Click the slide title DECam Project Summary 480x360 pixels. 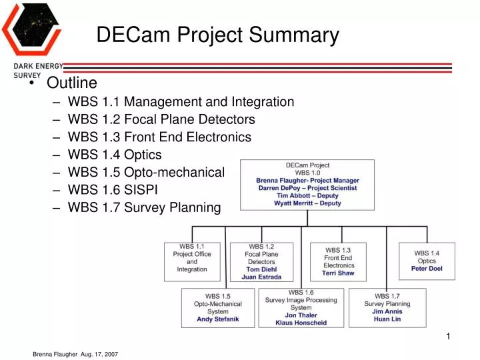pyautogui.click(x=217, y=35)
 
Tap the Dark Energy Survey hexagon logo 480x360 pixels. pyautogui.click(x=32, y=30)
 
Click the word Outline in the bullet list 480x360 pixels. pyautogui.click(x=71, y=83)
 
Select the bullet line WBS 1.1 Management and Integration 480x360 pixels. pyautogui.click(x=181, y=102)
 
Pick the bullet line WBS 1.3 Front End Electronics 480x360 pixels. pyautogui.click(x=159, y=137)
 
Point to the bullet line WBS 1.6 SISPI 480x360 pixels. pyautogui.click(x=122, y=190)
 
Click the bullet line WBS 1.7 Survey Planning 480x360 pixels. pyautogui.click(x=144, y=207)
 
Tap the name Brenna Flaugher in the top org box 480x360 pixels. pyautogui.click(x=280, y=180)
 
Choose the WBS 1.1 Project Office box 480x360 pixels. pyautogui.click(x=192, y=261)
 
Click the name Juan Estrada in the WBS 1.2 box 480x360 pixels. pyautogui.click(x=261, y=277)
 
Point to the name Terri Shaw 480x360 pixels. pyautogui.click(x=338, y=273)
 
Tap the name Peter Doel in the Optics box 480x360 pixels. pyautogui.click(x=427, y=269)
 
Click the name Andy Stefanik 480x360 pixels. pyautogui.click(x=217, y=319)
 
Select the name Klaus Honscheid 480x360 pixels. pyautogui.click(x=301, y=323)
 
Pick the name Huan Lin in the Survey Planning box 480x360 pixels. pyautogui.click(x=387, y=319)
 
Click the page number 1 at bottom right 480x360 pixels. pyautogui.click(x=449, y=337)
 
